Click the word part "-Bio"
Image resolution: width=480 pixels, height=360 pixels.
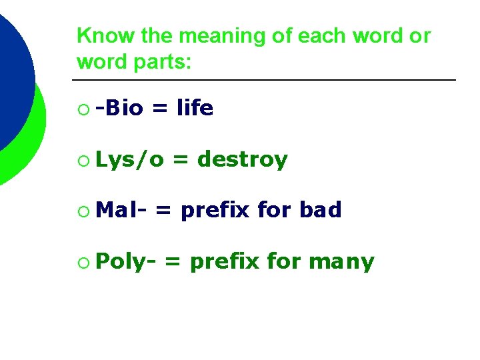(119, 107)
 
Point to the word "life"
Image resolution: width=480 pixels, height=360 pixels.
(195, 107)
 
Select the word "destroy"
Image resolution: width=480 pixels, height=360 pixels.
(243, 159)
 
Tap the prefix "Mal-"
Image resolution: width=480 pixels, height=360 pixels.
(121, 211)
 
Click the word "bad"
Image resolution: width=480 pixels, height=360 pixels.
(320, 211)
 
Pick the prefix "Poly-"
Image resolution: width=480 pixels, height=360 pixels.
(126, 262)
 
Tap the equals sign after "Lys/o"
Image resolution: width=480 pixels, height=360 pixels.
(179, 160)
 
